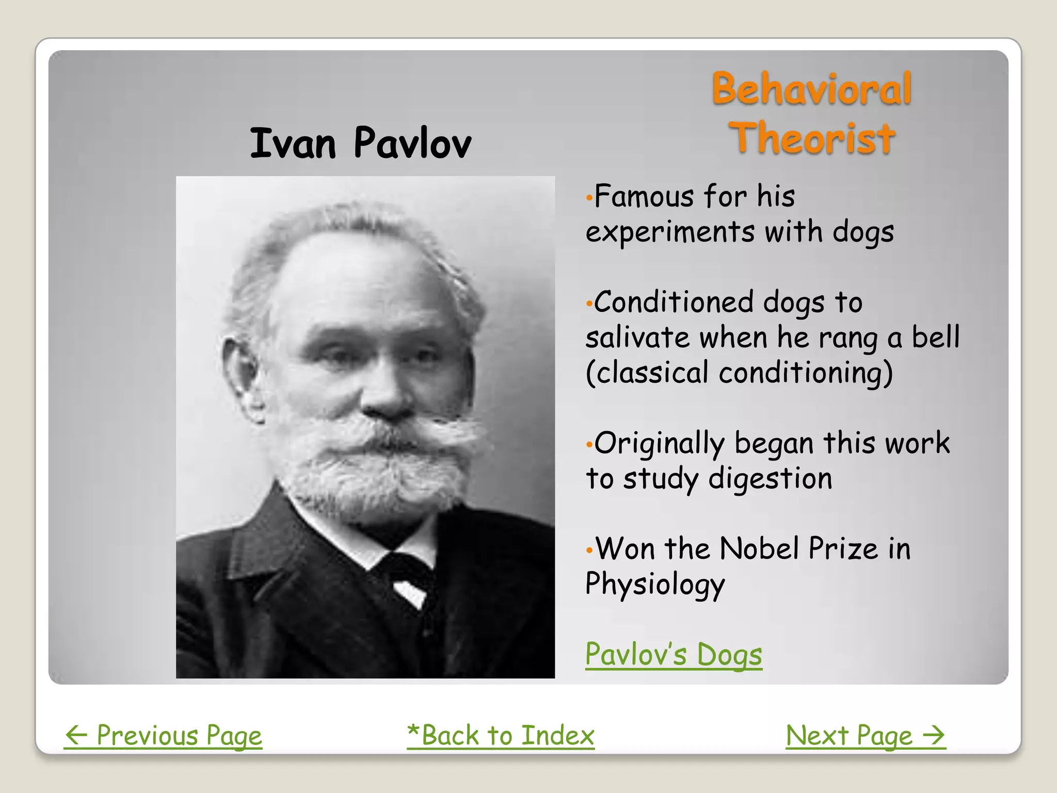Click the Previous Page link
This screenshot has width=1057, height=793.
pyautogui.click(x=163, y=735)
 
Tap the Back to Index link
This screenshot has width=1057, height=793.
pyautogui.click(x=501, y=735)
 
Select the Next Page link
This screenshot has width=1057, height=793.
pyautogui.click(x=865, y=735)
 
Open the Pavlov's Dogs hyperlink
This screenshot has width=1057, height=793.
pyautogui.click(x=674, y=655)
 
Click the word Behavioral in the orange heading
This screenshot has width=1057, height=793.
pyautogui.click(x=812, y=89)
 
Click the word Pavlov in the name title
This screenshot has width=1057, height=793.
pyautogui.click(x=412, y=143)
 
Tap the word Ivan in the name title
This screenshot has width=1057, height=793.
pyautogui.click(x=293, y=143)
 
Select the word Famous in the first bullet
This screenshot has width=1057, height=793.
pyautogui.click(x=644, y=197)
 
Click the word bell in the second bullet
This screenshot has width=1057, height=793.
pyautogui.click(x=935, y=337)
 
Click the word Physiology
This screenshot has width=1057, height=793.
pyautogui.click(x=655, y=584)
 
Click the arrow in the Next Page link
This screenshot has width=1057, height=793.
pyautogui.click(x=934, y=735)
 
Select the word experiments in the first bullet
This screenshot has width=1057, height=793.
pyautogui.click(x=670, y=232)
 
